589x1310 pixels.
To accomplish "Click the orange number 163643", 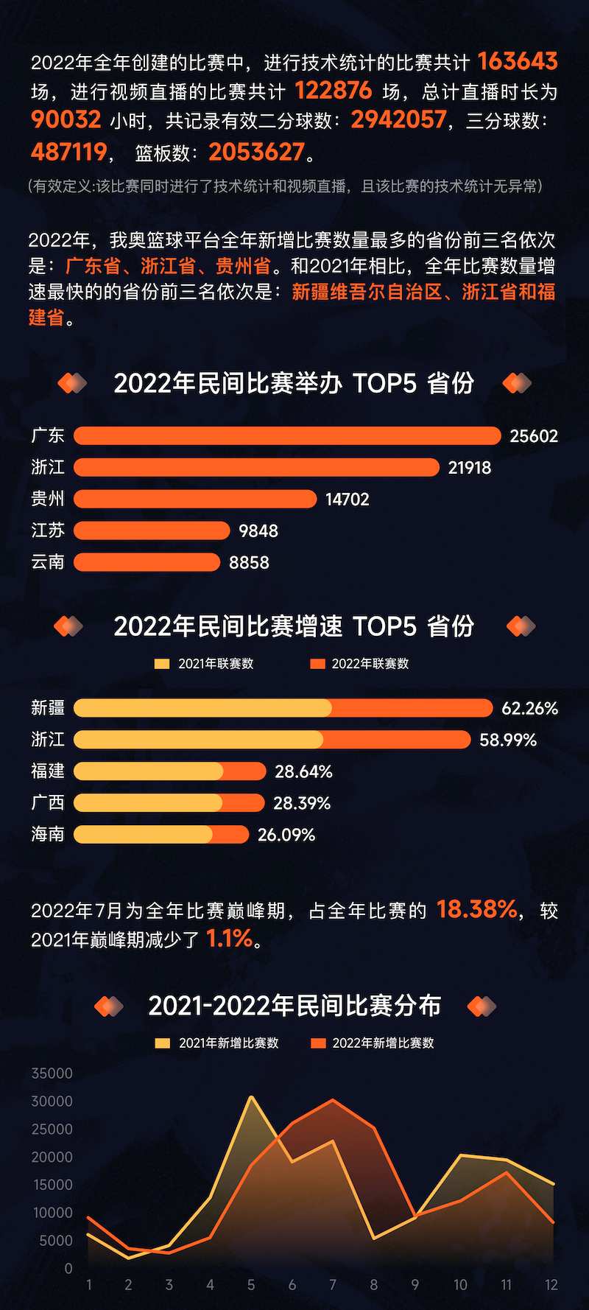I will coord(518,62).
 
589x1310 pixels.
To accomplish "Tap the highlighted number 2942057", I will coord(398,120).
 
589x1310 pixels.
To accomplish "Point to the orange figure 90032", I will coord(66,120).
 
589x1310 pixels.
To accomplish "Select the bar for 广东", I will coord(287,435).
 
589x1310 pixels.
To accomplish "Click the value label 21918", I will coord(470,468).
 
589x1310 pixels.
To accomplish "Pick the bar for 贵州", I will coord(195,499).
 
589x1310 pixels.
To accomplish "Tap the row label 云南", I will coord(48,562).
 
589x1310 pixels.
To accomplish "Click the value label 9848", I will coord(258,531).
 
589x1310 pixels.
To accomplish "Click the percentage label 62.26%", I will coord(529,709).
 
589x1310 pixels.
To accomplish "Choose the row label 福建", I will coord(48,771).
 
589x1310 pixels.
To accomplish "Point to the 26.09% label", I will coord(286,835).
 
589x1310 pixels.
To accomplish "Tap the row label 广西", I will coord(48,803).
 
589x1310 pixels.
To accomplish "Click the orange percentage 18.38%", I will coord(477,910).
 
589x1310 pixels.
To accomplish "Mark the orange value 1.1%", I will coord(230,939).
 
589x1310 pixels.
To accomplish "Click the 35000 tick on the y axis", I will coord(52,1073).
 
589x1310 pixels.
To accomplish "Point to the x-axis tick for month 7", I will coord(333,1285).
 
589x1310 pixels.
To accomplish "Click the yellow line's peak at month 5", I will coord(251,1097).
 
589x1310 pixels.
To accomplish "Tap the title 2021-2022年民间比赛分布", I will coord(294,1006).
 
